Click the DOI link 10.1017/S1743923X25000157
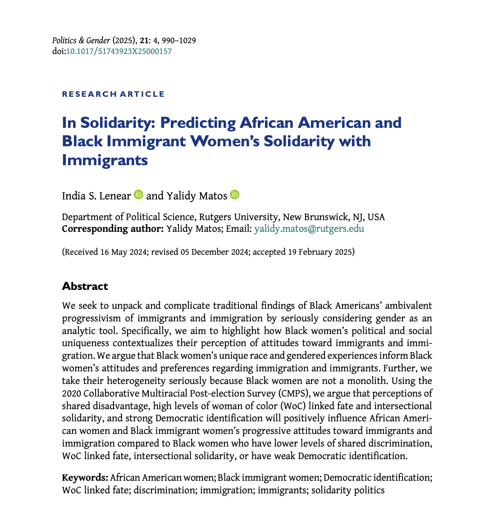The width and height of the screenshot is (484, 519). (119, 51)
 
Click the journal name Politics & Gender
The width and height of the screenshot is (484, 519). (81, 41)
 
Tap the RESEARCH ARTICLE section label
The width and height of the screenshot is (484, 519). (113, 94)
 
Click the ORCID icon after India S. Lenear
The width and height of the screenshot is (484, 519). (139, 194)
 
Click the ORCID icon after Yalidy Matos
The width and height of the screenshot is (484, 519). (234, 194)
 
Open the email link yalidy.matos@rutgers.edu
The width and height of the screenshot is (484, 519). (309, 229)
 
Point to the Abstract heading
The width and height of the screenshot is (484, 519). (85, 286)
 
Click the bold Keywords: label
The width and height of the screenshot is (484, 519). (85, 478)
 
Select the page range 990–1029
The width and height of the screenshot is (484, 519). (179, 41)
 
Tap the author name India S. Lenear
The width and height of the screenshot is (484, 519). (96, 196)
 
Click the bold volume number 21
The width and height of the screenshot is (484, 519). (143, 41)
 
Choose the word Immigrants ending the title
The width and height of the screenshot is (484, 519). (105, 160)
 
